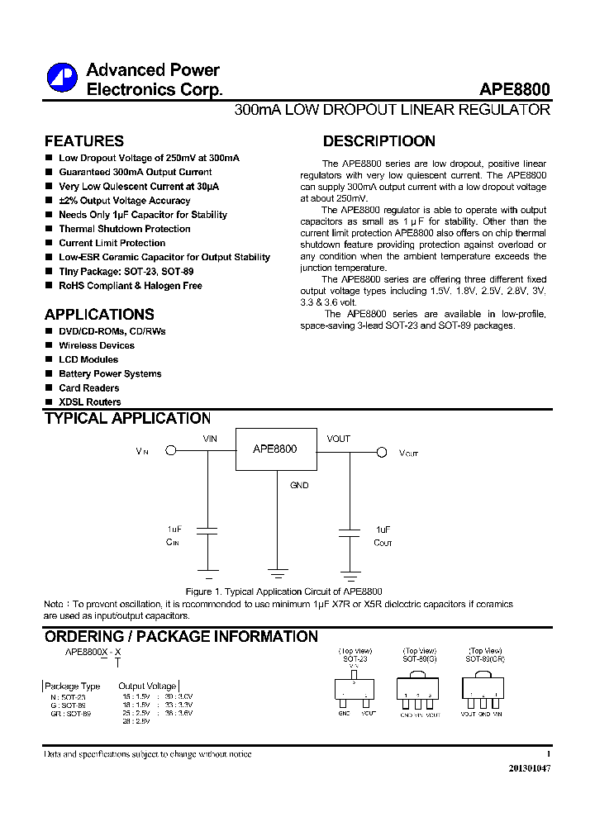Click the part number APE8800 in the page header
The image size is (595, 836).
514,90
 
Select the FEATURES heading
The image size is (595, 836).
83,141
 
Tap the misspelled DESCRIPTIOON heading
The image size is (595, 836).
378,141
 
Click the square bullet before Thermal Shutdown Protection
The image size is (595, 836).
49,229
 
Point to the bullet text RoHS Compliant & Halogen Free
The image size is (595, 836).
130,286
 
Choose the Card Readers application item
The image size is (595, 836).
88,388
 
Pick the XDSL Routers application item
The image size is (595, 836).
89,402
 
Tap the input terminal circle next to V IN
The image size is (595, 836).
171,451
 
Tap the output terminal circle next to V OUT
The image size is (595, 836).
382,452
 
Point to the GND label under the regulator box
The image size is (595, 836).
299,486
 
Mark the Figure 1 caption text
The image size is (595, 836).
283,591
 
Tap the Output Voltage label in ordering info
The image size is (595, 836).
147,686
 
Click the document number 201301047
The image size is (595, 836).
529,768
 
